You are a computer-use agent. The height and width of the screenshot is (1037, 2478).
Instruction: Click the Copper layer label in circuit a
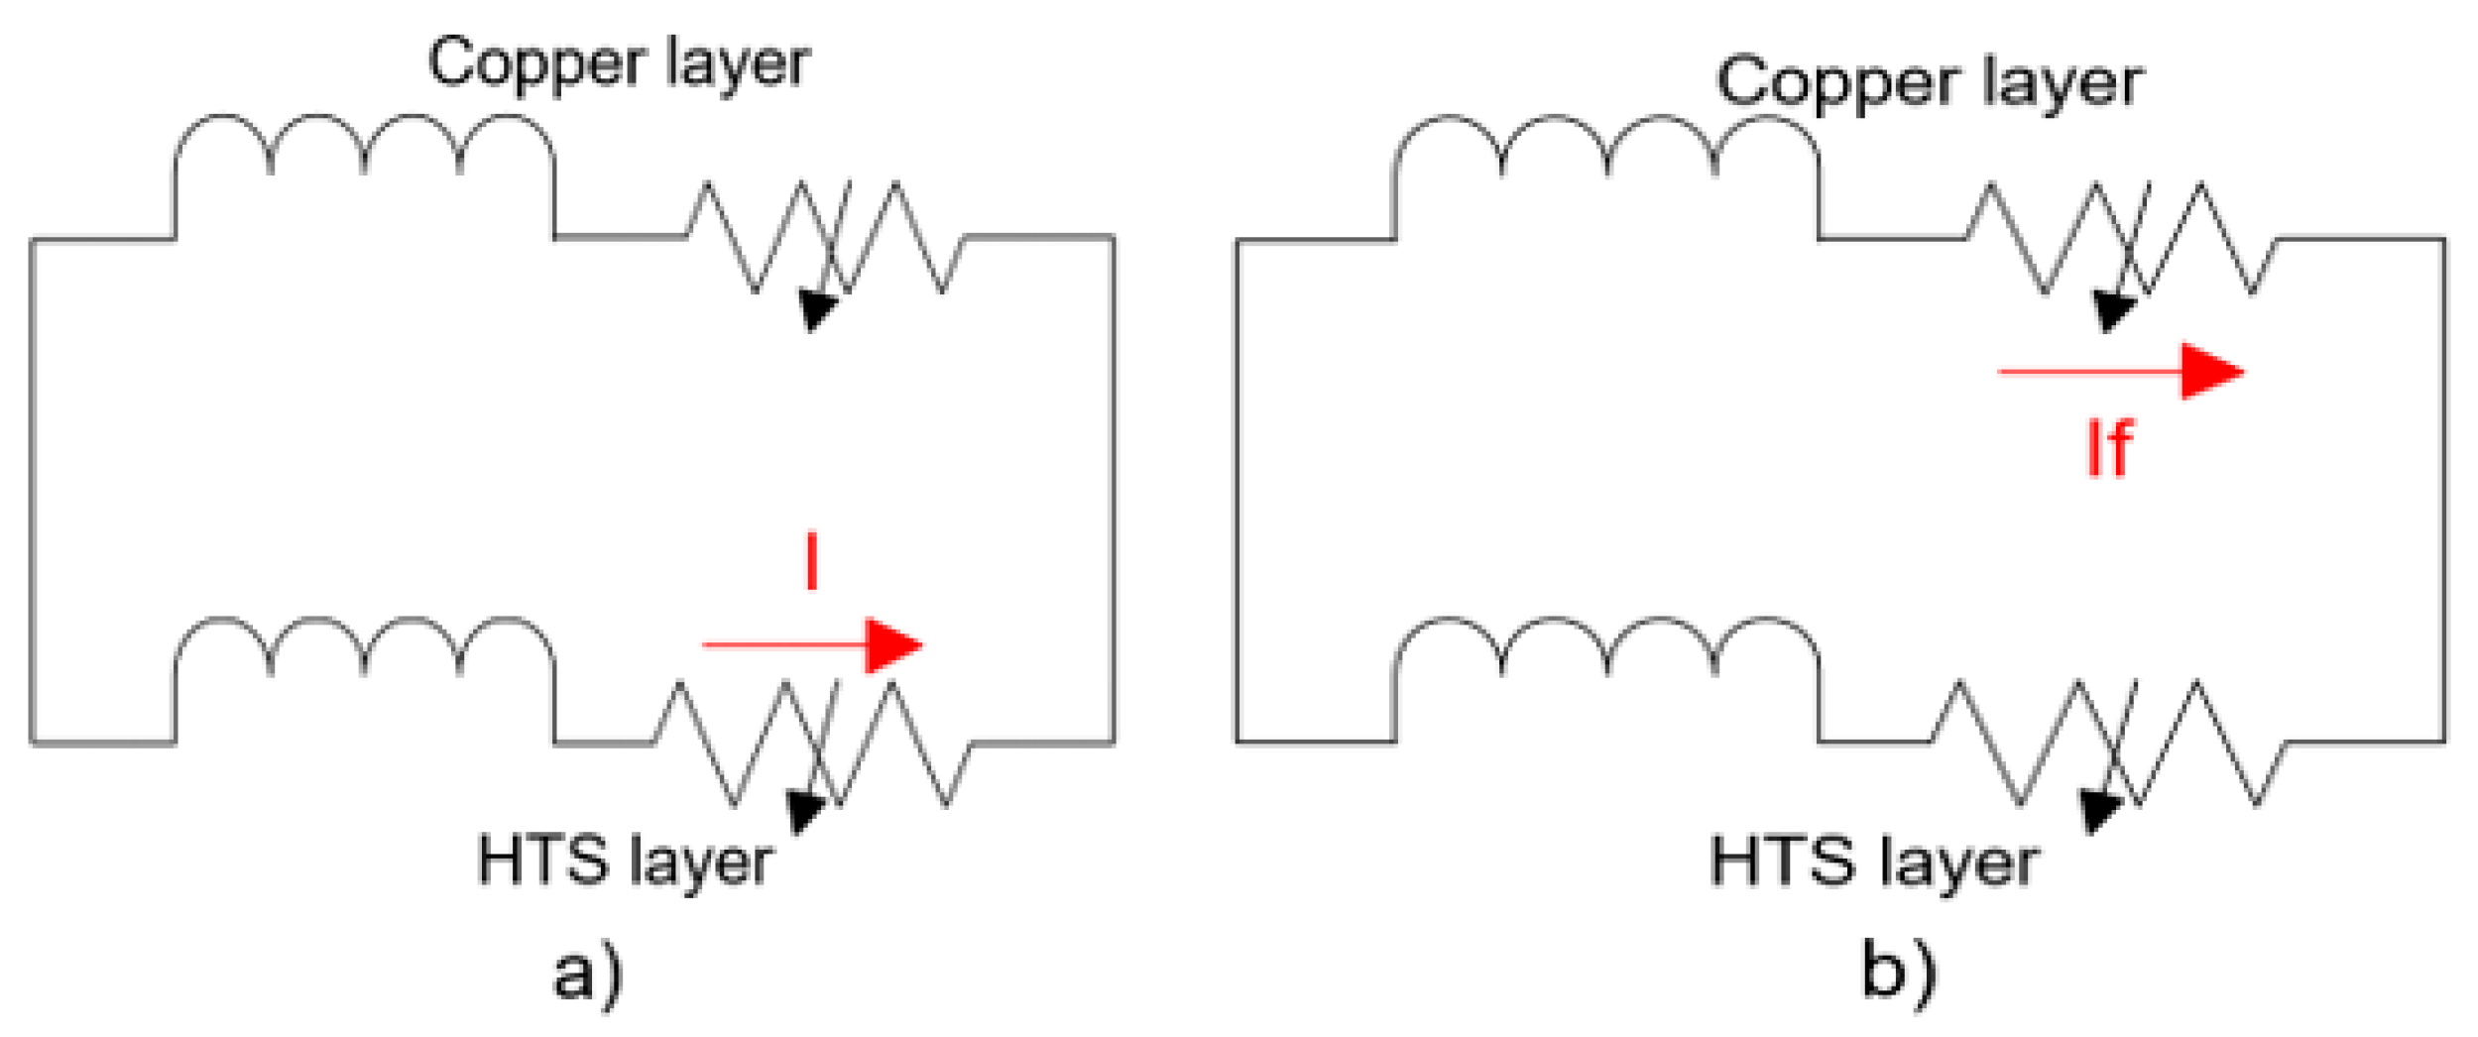[x=619, y=63]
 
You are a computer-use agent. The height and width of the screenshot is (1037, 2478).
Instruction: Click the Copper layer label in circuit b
[x=1929, y=83]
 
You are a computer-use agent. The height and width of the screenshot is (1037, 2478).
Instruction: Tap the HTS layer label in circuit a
[x=625, y=861]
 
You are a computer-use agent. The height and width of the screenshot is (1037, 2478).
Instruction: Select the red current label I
[x=812, y=561]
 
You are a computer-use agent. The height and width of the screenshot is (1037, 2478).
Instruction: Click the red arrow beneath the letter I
[x=813, y=645]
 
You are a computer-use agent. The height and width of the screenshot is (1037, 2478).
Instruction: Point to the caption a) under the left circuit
[x=588, y=975]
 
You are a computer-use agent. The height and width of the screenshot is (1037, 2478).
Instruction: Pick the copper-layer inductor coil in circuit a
[x=364, y=149]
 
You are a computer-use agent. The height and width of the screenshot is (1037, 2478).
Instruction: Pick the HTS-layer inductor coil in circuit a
[x=364, y=650]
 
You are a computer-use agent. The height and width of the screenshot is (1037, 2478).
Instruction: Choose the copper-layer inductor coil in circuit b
[x=1606, y=149]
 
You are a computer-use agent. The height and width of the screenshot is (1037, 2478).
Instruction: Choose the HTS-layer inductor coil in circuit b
[x=1606, y=650]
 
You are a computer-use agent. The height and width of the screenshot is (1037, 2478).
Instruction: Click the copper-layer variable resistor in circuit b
[x=2122, y=238]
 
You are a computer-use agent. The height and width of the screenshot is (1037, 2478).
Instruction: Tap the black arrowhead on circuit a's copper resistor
[x=818, y=309]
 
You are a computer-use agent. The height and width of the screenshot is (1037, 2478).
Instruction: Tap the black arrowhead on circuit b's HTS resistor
[x=2099, y=812]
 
